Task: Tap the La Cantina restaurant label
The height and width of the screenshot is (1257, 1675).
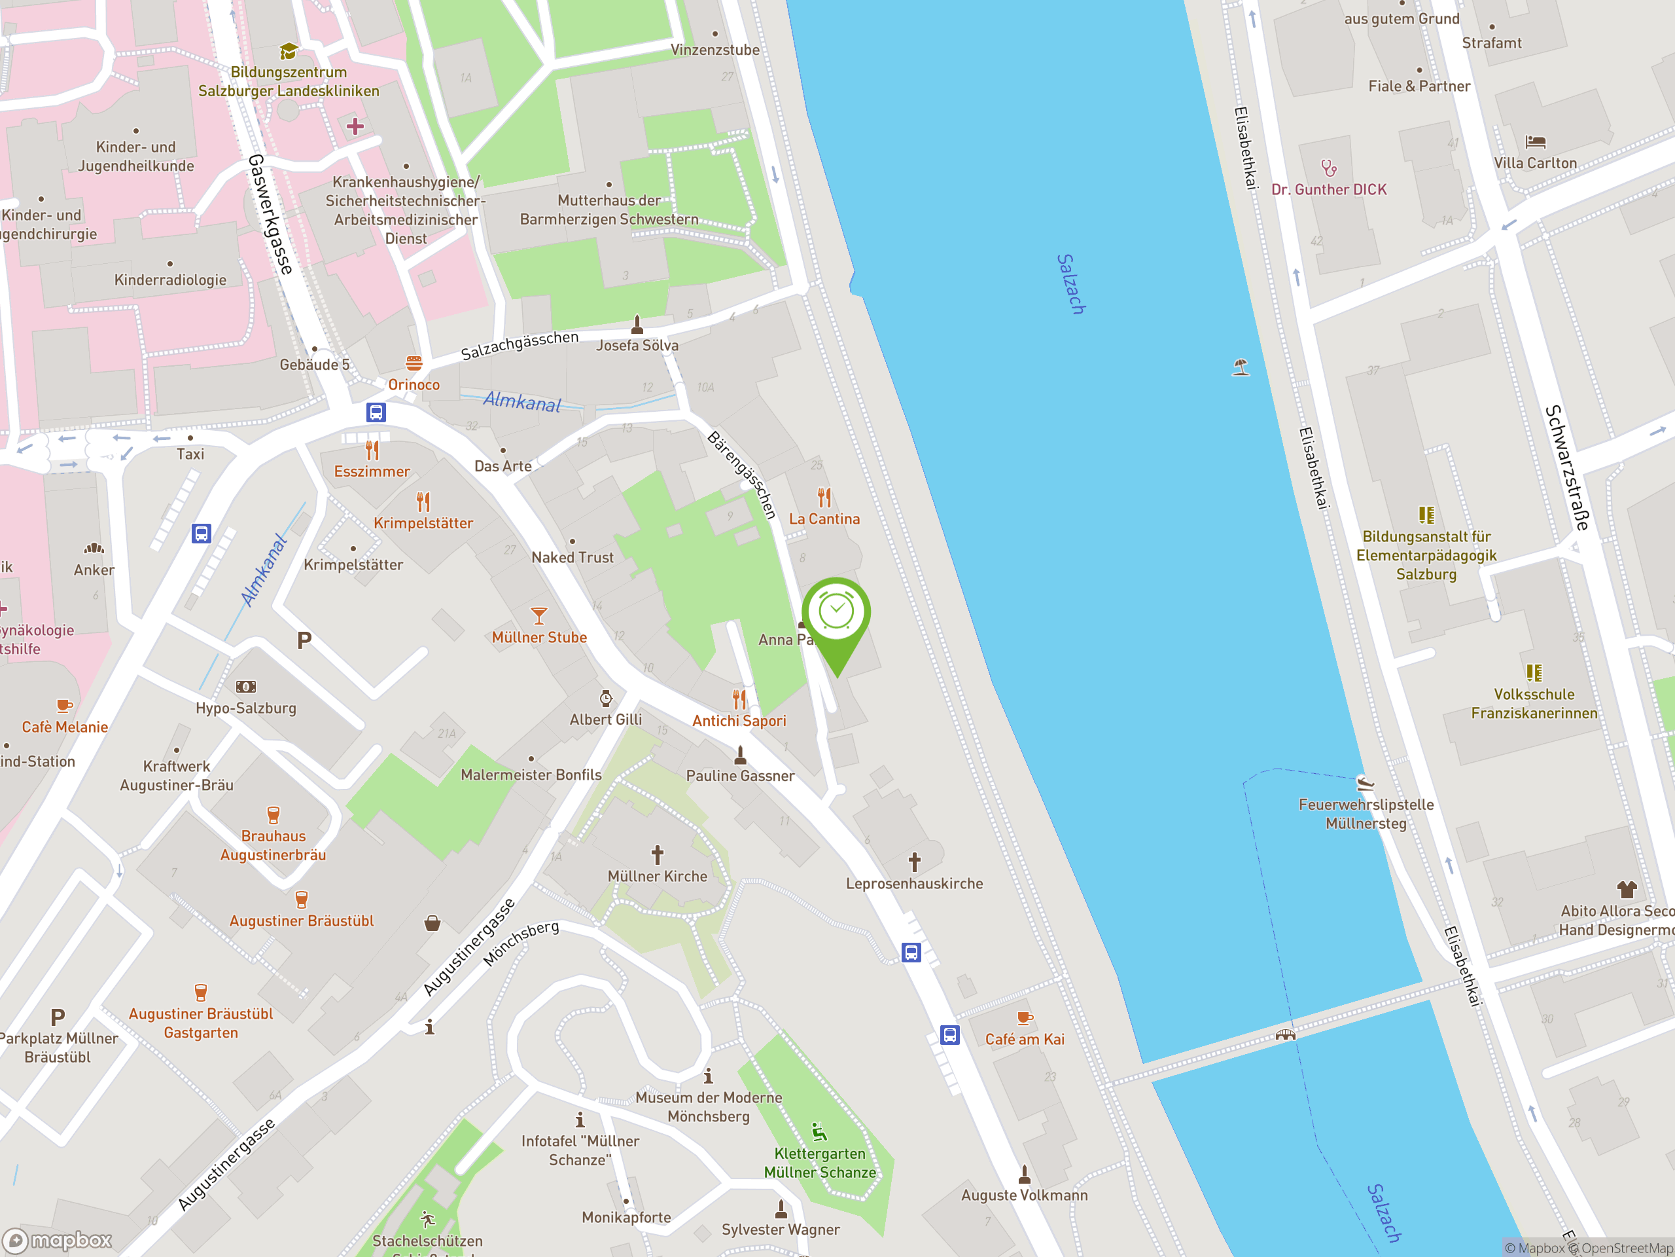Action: click(824, 519)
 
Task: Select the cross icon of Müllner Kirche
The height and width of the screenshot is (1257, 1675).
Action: click(658, 854)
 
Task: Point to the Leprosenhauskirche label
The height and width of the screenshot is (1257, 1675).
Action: click(914, 883)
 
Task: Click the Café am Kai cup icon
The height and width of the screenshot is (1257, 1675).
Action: click(1024, 1017)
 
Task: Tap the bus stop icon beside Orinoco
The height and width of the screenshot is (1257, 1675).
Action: click(376, 412)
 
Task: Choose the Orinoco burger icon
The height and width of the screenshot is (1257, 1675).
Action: click(414, 363)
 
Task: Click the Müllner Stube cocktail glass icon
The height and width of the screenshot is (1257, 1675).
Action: click(538, 615)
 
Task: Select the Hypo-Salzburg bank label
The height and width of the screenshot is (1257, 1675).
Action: click(246, 708)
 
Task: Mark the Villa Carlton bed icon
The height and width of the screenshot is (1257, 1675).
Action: click(1535, 141)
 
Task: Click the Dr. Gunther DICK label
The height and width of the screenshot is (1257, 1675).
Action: click(1329, 189)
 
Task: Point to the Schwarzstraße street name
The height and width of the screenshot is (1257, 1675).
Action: click(1566, 467)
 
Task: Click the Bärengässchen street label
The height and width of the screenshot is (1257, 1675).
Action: click(742, 475)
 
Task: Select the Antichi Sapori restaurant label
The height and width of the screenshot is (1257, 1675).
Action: click(739, 721)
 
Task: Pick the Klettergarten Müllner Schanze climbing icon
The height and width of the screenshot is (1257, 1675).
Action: click(819, 1132)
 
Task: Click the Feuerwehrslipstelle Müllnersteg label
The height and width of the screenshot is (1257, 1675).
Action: click(1366, 814)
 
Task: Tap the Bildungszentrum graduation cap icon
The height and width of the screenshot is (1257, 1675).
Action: click(288, 52)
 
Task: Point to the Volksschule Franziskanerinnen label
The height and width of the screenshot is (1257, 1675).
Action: click(1534, 703)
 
